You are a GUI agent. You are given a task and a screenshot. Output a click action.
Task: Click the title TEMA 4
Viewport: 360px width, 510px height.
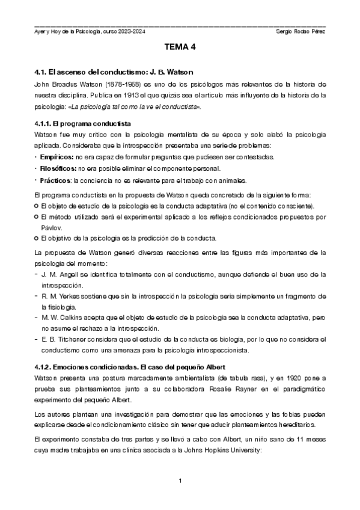(180, 46)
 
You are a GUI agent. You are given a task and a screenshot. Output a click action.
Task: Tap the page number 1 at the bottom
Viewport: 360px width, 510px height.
(180, 481)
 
